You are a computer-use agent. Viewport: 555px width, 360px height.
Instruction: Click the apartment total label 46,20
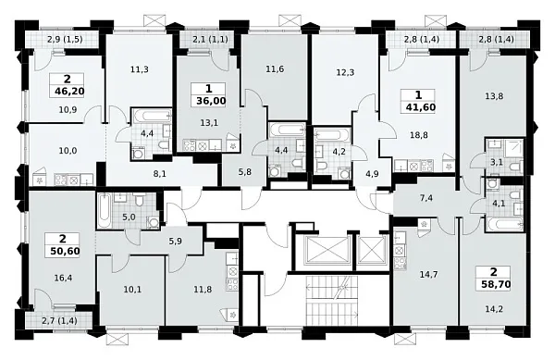point(69,92)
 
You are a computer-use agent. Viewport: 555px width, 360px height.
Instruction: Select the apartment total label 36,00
point(211,101)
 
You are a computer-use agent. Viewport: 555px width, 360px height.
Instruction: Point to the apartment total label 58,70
point(496,283)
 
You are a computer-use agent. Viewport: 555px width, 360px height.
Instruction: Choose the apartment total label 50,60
point(65,251)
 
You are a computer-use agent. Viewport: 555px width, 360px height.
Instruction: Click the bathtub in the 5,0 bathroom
point(104,211)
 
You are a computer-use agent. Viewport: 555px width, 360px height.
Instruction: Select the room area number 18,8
point(418,135)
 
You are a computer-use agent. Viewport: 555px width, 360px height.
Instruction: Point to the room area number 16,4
point(63,278)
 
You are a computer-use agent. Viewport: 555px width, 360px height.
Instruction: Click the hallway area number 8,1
point(160,173)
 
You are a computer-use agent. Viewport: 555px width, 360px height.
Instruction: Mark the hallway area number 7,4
point(426,198)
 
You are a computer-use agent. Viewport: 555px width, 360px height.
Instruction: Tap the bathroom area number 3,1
point(497,163)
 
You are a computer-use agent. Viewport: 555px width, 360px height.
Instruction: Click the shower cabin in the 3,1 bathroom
point(513,149)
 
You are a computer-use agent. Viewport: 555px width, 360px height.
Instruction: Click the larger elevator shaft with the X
point(323,251)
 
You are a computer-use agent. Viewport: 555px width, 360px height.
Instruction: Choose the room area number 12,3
point(345,72)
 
